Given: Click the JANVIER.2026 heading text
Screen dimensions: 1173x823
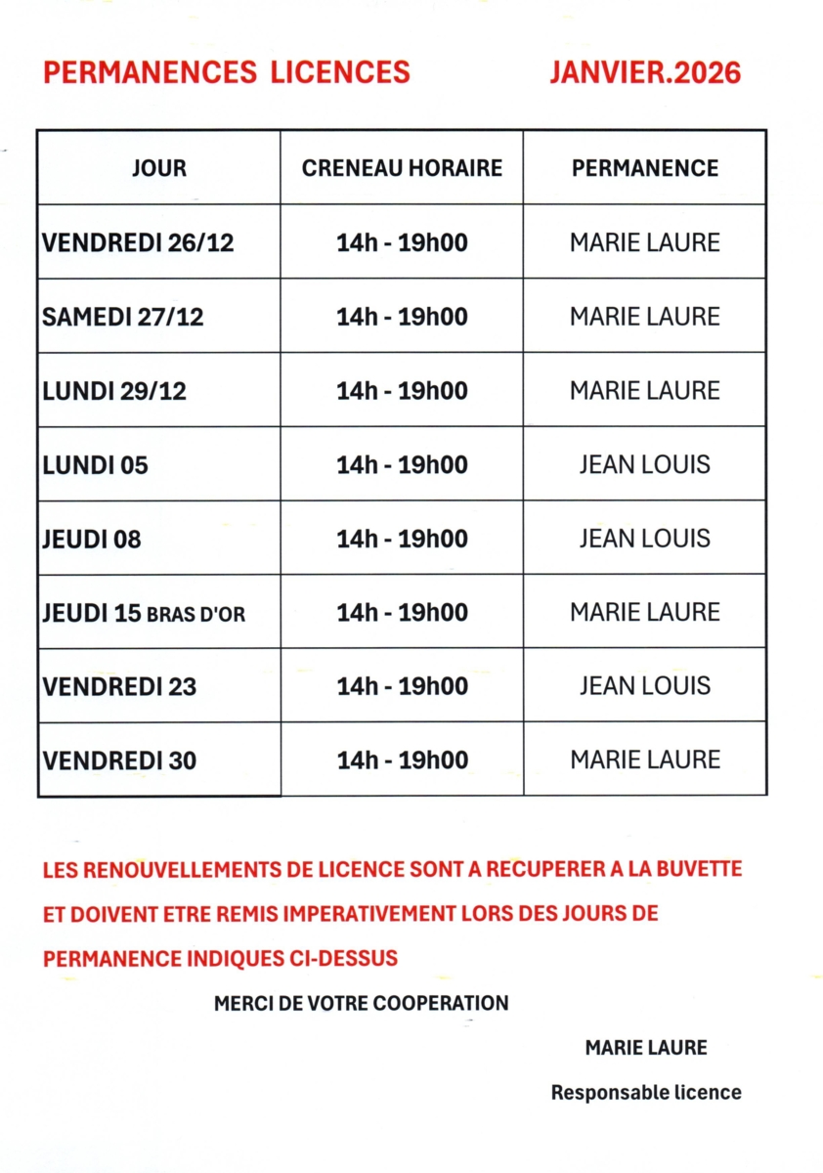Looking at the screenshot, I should coord(644,72).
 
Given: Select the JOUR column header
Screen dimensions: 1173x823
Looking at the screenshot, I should coord(159,168).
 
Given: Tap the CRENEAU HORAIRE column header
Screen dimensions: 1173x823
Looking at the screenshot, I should coord(402,168).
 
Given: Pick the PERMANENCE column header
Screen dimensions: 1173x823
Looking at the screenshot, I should coord(644,168).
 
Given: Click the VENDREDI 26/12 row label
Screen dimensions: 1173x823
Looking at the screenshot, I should coord(138,243).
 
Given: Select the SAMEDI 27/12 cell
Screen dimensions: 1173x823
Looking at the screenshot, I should coord(123,318).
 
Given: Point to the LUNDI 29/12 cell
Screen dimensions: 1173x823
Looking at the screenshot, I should coord(114,392).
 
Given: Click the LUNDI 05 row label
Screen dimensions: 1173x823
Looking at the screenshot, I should coord(96,465).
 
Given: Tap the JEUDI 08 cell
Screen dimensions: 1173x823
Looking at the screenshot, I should coord(92,540).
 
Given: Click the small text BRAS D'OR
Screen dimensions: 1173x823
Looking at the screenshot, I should coord(195,615).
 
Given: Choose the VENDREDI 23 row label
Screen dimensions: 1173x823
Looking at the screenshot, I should coord(118,687).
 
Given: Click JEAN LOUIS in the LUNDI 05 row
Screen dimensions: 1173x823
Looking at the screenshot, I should coord(644,464).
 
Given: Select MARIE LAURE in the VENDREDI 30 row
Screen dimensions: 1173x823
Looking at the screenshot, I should coord(644,760).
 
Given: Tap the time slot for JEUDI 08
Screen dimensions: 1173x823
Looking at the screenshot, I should coord(402,539).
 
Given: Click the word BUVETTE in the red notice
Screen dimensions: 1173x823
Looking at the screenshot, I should coord(695,868).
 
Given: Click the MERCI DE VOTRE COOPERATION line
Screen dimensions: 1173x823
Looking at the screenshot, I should coord(361,1003).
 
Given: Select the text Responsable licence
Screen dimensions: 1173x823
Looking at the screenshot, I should coord(646,1093).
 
